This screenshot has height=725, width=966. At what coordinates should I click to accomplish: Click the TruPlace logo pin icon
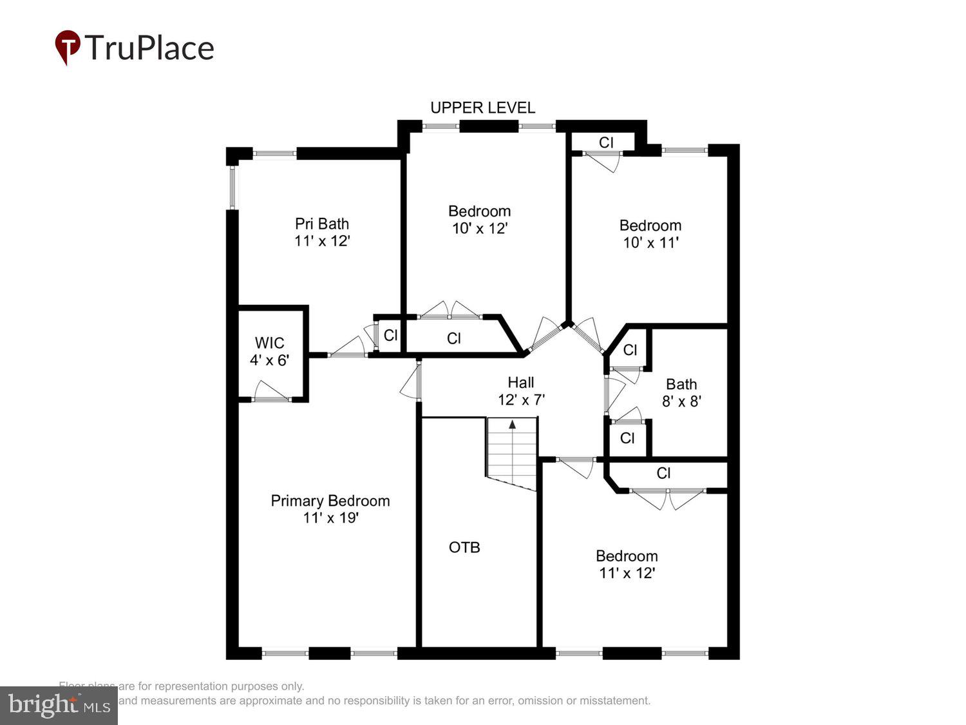pyautogui.click(x=68, y=47)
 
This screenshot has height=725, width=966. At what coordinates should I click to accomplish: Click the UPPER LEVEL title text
pyautogui.click(x=482, y=108)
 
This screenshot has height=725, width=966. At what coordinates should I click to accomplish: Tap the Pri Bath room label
pyautogui.click(x=322, y=224)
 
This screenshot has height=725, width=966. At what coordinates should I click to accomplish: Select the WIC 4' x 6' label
pyautogui.click(x=269, y=351)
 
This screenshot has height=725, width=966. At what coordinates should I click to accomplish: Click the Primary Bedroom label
pyautogui.click(x=330, y=501)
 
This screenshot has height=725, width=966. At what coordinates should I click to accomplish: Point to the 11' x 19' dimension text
pyautogui.click(x=330, y=517)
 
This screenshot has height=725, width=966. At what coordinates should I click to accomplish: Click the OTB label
pyautogui.click(x=464, y=547)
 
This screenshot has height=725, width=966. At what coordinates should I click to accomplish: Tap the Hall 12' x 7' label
pyautogui.click(x=521, y=391)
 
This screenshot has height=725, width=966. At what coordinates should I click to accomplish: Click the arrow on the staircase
pyautogui.click(x=513, y=425)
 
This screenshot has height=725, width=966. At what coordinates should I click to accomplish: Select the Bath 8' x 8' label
pyautogui.click(x=681, y=392)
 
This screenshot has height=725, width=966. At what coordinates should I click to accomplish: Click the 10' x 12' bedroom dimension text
pyautogui.click(x=480, y=228)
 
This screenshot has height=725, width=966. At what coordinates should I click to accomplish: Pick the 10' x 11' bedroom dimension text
pyautogui.click(x=650, y=243)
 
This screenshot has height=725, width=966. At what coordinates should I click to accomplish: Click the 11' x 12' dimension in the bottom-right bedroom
pyautogui.click(x=627, y=573)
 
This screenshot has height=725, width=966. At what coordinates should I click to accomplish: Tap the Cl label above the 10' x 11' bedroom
pyautogui.click(x=606, y=142)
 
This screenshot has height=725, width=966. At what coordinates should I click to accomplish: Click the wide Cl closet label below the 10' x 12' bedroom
pyautogui.click(x=454, y=338)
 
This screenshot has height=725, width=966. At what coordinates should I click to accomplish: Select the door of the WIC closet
pyautogui.click(x=270, y=392)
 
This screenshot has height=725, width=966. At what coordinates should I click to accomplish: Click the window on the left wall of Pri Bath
pyautogui.click(x=232, y=187)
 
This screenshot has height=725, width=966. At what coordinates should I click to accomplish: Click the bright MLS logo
pyautogui.click(x=59, y=706)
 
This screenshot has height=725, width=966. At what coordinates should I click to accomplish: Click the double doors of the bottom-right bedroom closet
pyautogui.click(x=668, y=498)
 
